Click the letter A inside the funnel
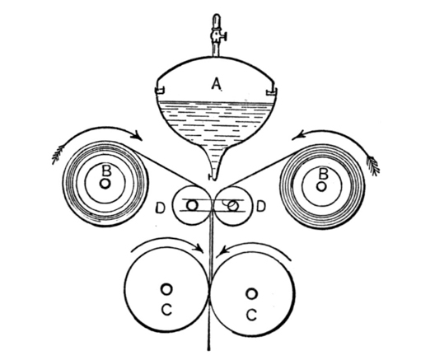tap(217, 83)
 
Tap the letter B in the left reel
tap(106, 171)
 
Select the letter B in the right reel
tap(324, 175)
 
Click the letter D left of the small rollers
tap(161, 208)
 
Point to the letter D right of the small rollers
tap(261, 206)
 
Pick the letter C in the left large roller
tap(166, 310)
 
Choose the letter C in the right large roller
tap(252, 315)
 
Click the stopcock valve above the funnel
tap(217, 35)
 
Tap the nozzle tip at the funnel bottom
tap(213, 177)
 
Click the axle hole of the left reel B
tap(105, 184)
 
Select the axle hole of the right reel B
tap(321, 186)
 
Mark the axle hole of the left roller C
tap(166, 289)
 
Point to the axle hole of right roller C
tap(251, 294)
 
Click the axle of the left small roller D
tap(192, 205)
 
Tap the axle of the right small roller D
tap(233, 206)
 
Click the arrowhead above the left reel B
tap(138, 136)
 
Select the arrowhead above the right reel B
tap(297, 137)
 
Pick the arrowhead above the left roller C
tap(200, 247)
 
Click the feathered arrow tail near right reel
tap(373, 166)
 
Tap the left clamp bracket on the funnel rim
tap(160, 90)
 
